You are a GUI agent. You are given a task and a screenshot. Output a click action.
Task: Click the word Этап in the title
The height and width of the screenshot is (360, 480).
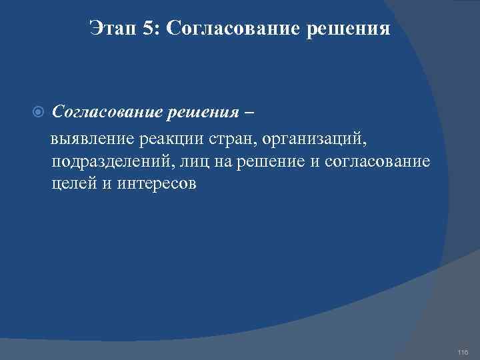(112, 29)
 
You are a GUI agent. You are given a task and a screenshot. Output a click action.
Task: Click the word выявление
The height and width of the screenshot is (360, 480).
(94, 140)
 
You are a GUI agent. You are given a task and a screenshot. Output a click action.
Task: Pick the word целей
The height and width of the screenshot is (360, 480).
(73, 184)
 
